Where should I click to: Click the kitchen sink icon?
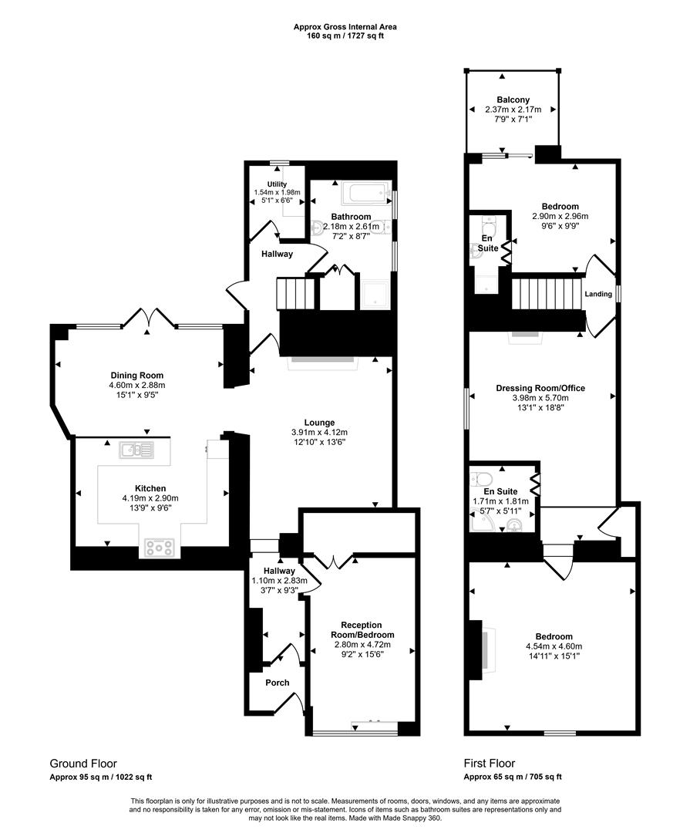[x=136, y=450]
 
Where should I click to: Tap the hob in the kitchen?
[x=160, y=548]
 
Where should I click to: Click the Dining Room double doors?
[x=150, y=317]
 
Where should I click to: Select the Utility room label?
[x=277, y=184]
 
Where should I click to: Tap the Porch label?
[x=277, y=683]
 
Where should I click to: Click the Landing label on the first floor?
[x=598, y=294]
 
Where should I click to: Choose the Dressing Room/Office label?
[x=540, y=389]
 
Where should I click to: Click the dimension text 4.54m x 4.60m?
[x=554, y=646]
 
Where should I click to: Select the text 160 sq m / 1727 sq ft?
[x=345, y=36]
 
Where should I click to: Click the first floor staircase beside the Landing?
[x=545, y=295]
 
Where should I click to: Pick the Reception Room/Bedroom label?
[x=362, y=629]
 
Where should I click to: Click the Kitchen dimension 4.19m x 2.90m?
[x=150, y=499]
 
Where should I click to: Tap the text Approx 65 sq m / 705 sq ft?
[x=513, y=777]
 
